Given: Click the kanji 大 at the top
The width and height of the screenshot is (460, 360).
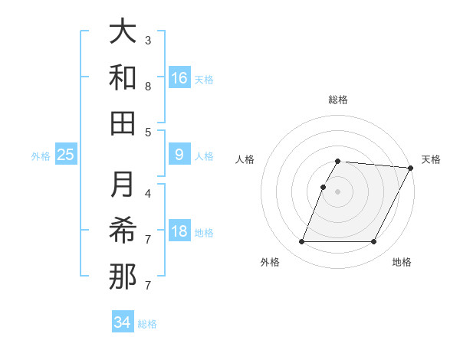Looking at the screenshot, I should click(x=123, y=34).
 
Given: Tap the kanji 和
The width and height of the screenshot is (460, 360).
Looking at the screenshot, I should click(x=123, y=78).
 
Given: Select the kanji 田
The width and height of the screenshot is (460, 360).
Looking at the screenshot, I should click(x=123, y=123).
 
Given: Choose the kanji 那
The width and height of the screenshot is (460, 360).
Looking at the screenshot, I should click(x=123, y=276).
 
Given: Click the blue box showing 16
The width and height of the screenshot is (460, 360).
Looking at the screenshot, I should click(x=179, y=78).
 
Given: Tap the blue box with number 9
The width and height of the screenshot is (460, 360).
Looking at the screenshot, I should click(x=179, y=155).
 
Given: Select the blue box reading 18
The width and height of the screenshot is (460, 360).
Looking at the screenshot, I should click(x=179, y=232).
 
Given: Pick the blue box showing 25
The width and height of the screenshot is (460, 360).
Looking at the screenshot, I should click(x=66, y=155).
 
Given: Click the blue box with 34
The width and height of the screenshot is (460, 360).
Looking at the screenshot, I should click(x=123, y=322).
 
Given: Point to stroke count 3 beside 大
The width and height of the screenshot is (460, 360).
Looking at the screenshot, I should click(x=148, y=40).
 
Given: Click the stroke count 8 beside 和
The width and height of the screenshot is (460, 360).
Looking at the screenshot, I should click(x=148, y=86).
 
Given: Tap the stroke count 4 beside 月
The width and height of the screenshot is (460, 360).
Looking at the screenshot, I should click(x=148, y=193).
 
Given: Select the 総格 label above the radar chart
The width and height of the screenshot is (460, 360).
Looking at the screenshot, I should click(x=338, y=100).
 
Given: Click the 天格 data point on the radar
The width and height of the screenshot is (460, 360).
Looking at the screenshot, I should click(x=412, y=168).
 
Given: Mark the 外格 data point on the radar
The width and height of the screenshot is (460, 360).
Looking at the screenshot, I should click(x=301, y=242).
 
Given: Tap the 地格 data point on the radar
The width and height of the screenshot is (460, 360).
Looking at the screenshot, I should click(x=374, y=242).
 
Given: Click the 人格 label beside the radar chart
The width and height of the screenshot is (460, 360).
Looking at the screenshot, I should click(x=245, y=159).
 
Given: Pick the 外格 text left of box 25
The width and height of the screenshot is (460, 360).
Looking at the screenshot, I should click(x=41, y=156).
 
